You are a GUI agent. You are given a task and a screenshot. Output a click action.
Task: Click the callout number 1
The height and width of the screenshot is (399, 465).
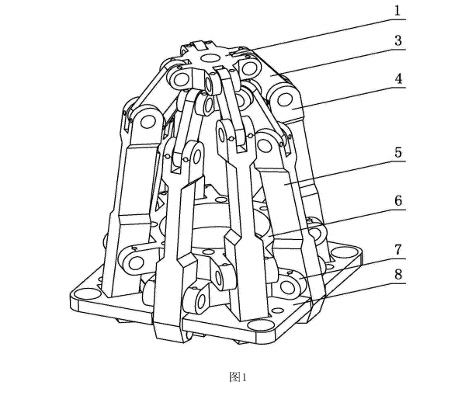click(397, 11)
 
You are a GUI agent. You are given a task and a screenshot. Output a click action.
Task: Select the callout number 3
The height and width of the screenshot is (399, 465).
click(398, 40)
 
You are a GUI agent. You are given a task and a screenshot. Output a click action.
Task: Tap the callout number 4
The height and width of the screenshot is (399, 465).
click(398, 78)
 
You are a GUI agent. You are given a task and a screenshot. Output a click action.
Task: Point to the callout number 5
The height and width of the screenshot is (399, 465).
click(398, 152)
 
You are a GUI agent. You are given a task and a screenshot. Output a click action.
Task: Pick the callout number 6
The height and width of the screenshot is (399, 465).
click(398, 201)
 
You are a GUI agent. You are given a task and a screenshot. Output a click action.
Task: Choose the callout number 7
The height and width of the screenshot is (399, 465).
click(398, 250)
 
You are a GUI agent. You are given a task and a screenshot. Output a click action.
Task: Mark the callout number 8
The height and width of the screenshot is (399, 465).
click(398, 274)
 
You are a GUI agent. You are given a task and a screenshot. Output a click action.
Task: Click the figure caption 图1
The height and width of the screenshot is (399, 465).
click(238, 377)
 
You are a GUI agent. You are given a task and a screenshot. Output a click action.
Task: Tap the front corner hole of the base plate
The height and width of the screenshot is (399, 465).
click(259, 325)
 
